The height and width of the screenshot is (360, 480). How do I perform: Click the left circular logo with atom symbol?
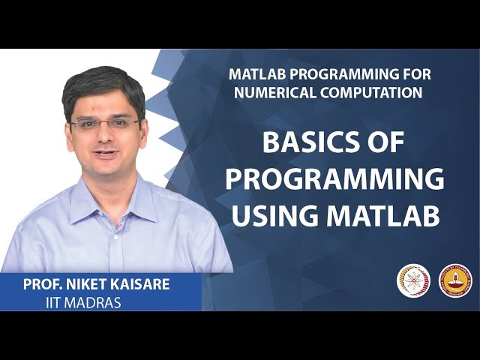tap(413, 280)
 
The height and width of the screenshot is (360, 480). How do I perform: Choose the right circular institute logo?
tap(454, 280)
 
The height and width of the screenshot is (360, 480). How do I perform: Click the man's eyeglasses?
tap(104, 124)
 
